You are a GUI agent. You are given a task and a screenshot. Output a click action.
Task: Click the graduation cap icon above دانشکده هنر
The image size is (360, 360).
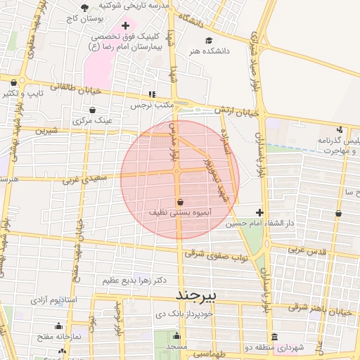[x=208, y=40]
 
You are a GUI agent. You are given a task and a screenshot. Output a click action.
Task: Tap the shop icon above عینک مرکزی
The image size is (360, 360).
[x=93, y=110]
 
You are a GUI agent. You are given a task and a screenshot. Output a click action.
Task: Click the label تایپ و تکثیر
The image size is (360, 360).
[x=22, y=93]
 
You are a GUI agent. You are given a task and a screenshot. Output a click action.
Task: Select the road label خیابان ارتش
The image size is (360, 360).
[x=238, y=111]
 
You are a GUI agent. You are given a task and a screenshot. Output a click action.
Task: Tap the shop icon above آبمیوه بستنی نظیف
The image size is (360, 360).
[x=181, y=201]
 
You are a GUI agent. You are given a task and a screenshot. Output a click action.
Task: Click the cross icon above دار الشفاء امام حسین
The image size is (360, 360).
[x=260, y=212]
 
